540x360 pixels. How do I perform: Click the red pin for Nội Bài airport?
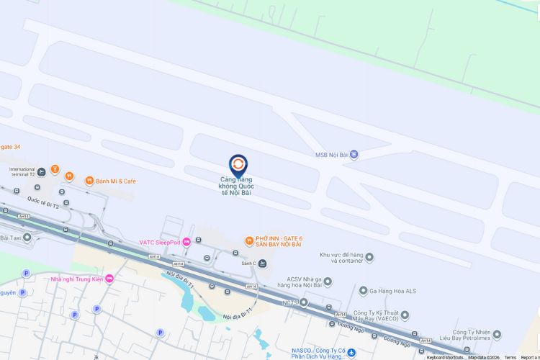click(238, 166)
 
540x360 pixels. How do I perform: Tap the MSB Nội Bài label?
click(332, 155)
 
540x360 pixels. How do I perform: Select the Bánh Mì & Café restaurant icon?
click(89, 181)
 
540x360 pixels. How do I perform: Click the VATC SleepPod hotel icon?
click(186, 242)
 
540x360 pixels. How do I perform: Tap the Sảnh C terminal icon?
click(262, 264)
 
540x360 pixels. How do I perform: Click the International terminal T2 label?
click(22, 172)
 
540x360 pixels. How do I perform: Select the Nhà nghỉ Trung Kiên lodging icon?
click(109, 279)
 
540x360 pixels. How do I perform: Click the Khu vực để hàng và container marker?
click(369, 257)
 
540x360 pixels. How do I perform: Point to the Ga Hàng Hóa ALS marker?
click(363, 290)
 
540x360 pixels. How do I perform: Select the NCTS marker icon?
click(304, 302)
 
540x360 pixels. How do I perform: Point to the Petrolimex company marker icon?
click(497, 335)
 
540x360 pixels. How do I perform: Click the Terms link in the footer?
click(510, 357)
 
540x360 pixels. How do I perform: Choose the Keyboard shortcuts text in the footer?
click(445, 357)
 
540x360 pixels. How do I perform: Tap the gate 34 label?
click(10, 147)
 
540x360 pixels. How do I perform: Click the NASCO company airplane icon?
click(351, 352)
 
